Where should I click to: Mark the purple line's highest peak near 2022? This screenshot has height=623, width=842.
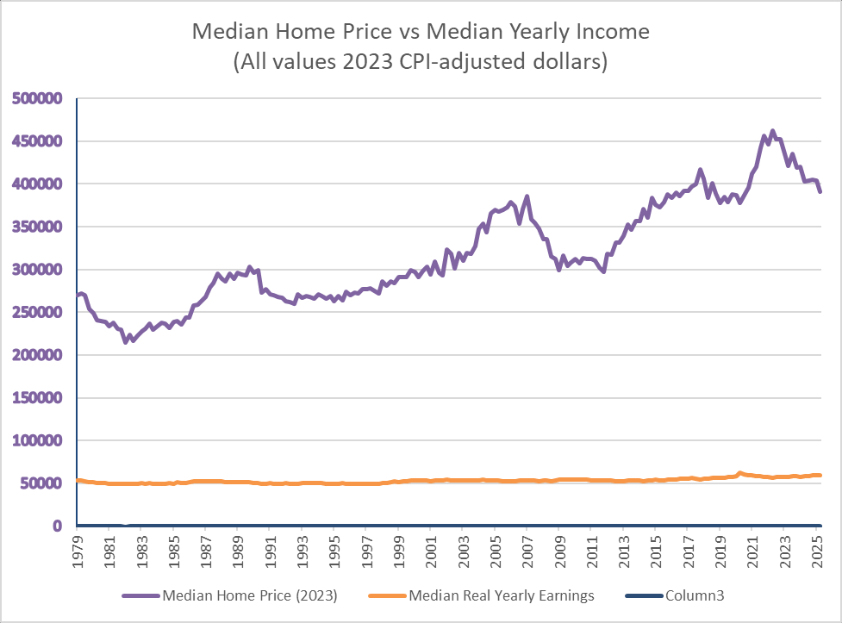coord(772,131)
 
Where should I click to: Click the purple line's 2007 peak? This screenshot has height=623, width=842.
coord(527,196)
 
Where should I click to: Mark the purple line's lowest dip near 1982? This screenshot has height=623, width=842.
coord(126,342)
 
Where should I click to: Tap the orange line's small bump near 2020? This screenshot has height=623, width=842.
coord(739,472)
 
